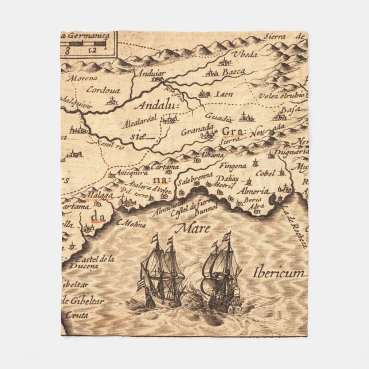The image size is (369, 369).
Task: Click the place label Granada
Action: tap(197, 130)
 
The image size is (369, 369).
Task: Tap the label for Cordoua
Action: tap(103, 89)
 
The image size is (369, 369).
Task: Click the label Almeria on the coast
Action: tap(255, 191)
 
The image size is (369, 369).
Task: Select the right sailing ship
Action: tap(223, 274)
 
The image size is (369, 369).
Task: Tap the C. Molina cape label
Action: tap(131, 223)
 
